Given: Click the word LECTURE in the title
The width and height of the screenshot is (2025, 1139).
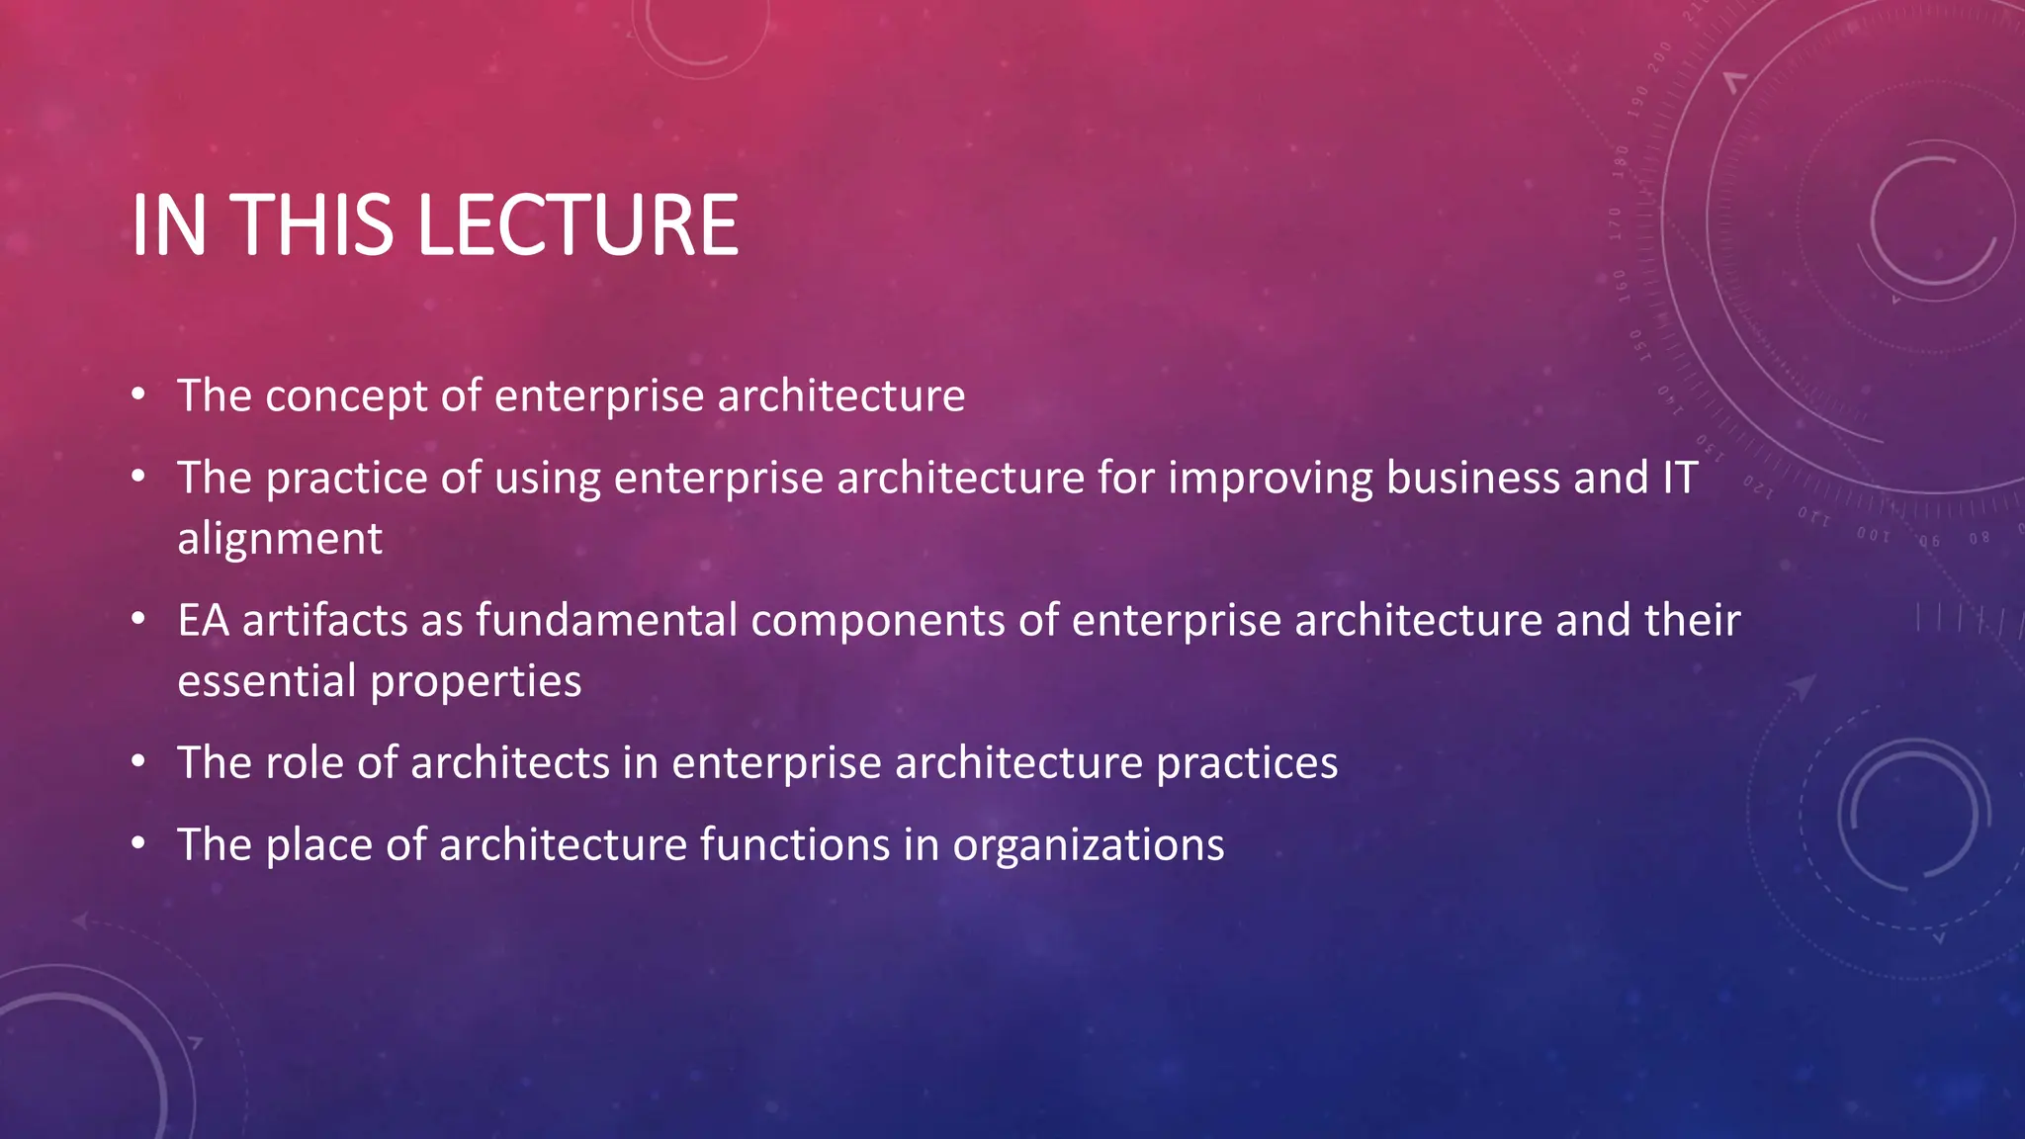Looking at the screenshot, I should tap(577, 225).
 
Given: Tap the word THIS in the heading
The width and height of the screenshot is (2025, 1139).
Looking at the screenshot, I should tap(313, 225).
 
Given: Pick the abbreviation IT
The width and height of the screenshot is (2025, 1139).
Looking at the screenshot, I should tap(1678, 478).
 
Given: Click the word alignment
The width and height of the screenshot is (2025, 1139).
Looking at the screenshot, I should tap(280, 540).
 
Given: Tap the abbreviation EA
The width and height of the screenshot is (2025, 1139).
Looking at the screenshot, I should tap(203, 621).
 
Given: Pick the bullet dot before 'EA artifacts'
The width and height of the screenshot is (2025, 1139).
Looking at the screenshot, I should tap(138, 621).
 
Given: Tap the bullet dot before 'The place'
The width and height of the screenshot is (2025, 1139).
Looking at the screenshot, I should tap(138, 845).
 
